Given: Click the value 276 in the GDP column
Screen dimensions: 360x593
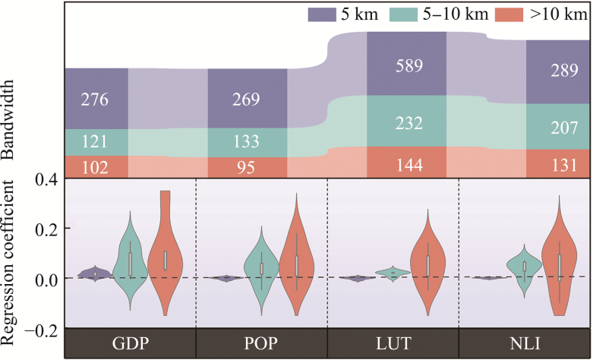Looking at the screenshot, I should [x=96, y=99].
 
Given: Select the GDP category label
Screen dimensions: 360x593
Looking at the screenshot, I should [x=129, y=343].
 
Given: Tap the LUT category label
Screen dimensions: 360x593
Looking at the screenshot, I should [x=392, y=343].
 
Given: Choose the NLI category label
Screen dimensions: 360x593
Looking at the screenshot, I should [x=524, y=343].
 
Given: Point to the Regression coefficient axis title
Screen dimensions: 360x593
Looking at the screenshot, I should [x=12, y=255].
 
